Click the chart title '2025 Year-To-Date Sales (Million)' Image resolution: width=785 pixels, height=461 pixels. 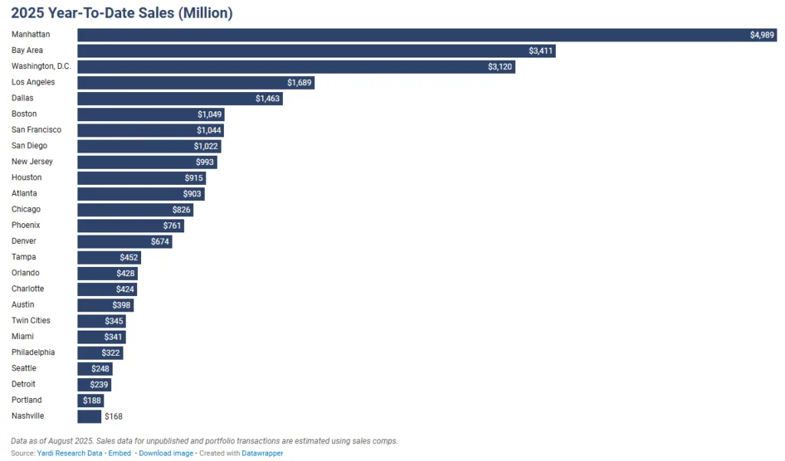122,13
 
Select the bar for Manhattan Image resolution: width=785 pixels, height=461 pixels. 414,35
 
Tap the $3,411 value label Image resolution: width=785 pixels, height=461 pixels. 540,51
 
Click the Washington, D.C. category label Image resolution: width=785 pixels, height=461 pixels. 41,67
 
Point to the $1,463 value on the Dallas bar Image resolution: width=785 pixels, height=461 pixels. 268,98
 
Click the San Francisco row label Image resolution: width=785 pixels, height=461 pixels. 36,130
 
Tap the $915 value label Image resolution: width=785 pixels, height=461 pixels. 194,178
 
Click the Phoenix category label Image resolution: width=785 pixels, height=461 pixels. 26,226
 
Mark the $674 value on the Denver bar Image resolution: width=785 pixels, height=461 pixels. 160,242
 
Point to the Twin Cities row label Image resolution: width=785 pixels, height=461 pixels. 31,321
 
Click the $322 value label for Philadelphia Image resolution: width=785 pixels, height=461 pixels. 111,353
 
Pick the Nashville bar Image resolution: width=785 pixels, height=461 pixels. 89,416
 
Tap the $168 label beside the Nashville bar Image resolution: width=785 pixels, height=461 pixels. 113,417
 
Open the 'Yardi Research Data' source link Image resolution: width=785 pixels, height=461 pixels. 69,453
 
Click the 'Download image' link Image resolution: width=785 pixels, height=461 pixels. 166,453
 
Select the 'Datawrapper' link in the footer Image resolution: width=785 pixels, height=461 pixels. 263,453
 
